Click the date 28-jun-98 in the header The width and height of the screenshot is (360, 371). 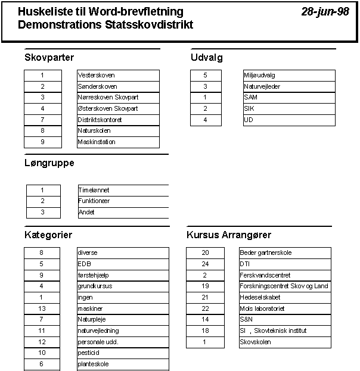(x=325, y=12)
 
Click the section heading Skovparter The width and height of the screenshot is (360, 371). (x=49, y=58)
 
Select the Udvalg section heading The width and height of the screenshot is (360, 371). (x=207, y=58)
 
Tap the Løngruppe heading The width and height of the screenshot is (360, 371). (x=49, y=163)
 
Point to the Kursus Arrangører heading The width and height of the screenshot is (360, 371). (x=229, y=235)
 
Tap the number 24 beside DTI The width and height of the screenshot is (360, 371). (x=204, y=264)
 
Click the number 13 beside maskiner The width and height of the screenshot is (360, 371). (x=42, y=308)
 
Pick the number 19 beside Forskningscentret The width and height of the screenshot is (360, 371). (x=204, y=286)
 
